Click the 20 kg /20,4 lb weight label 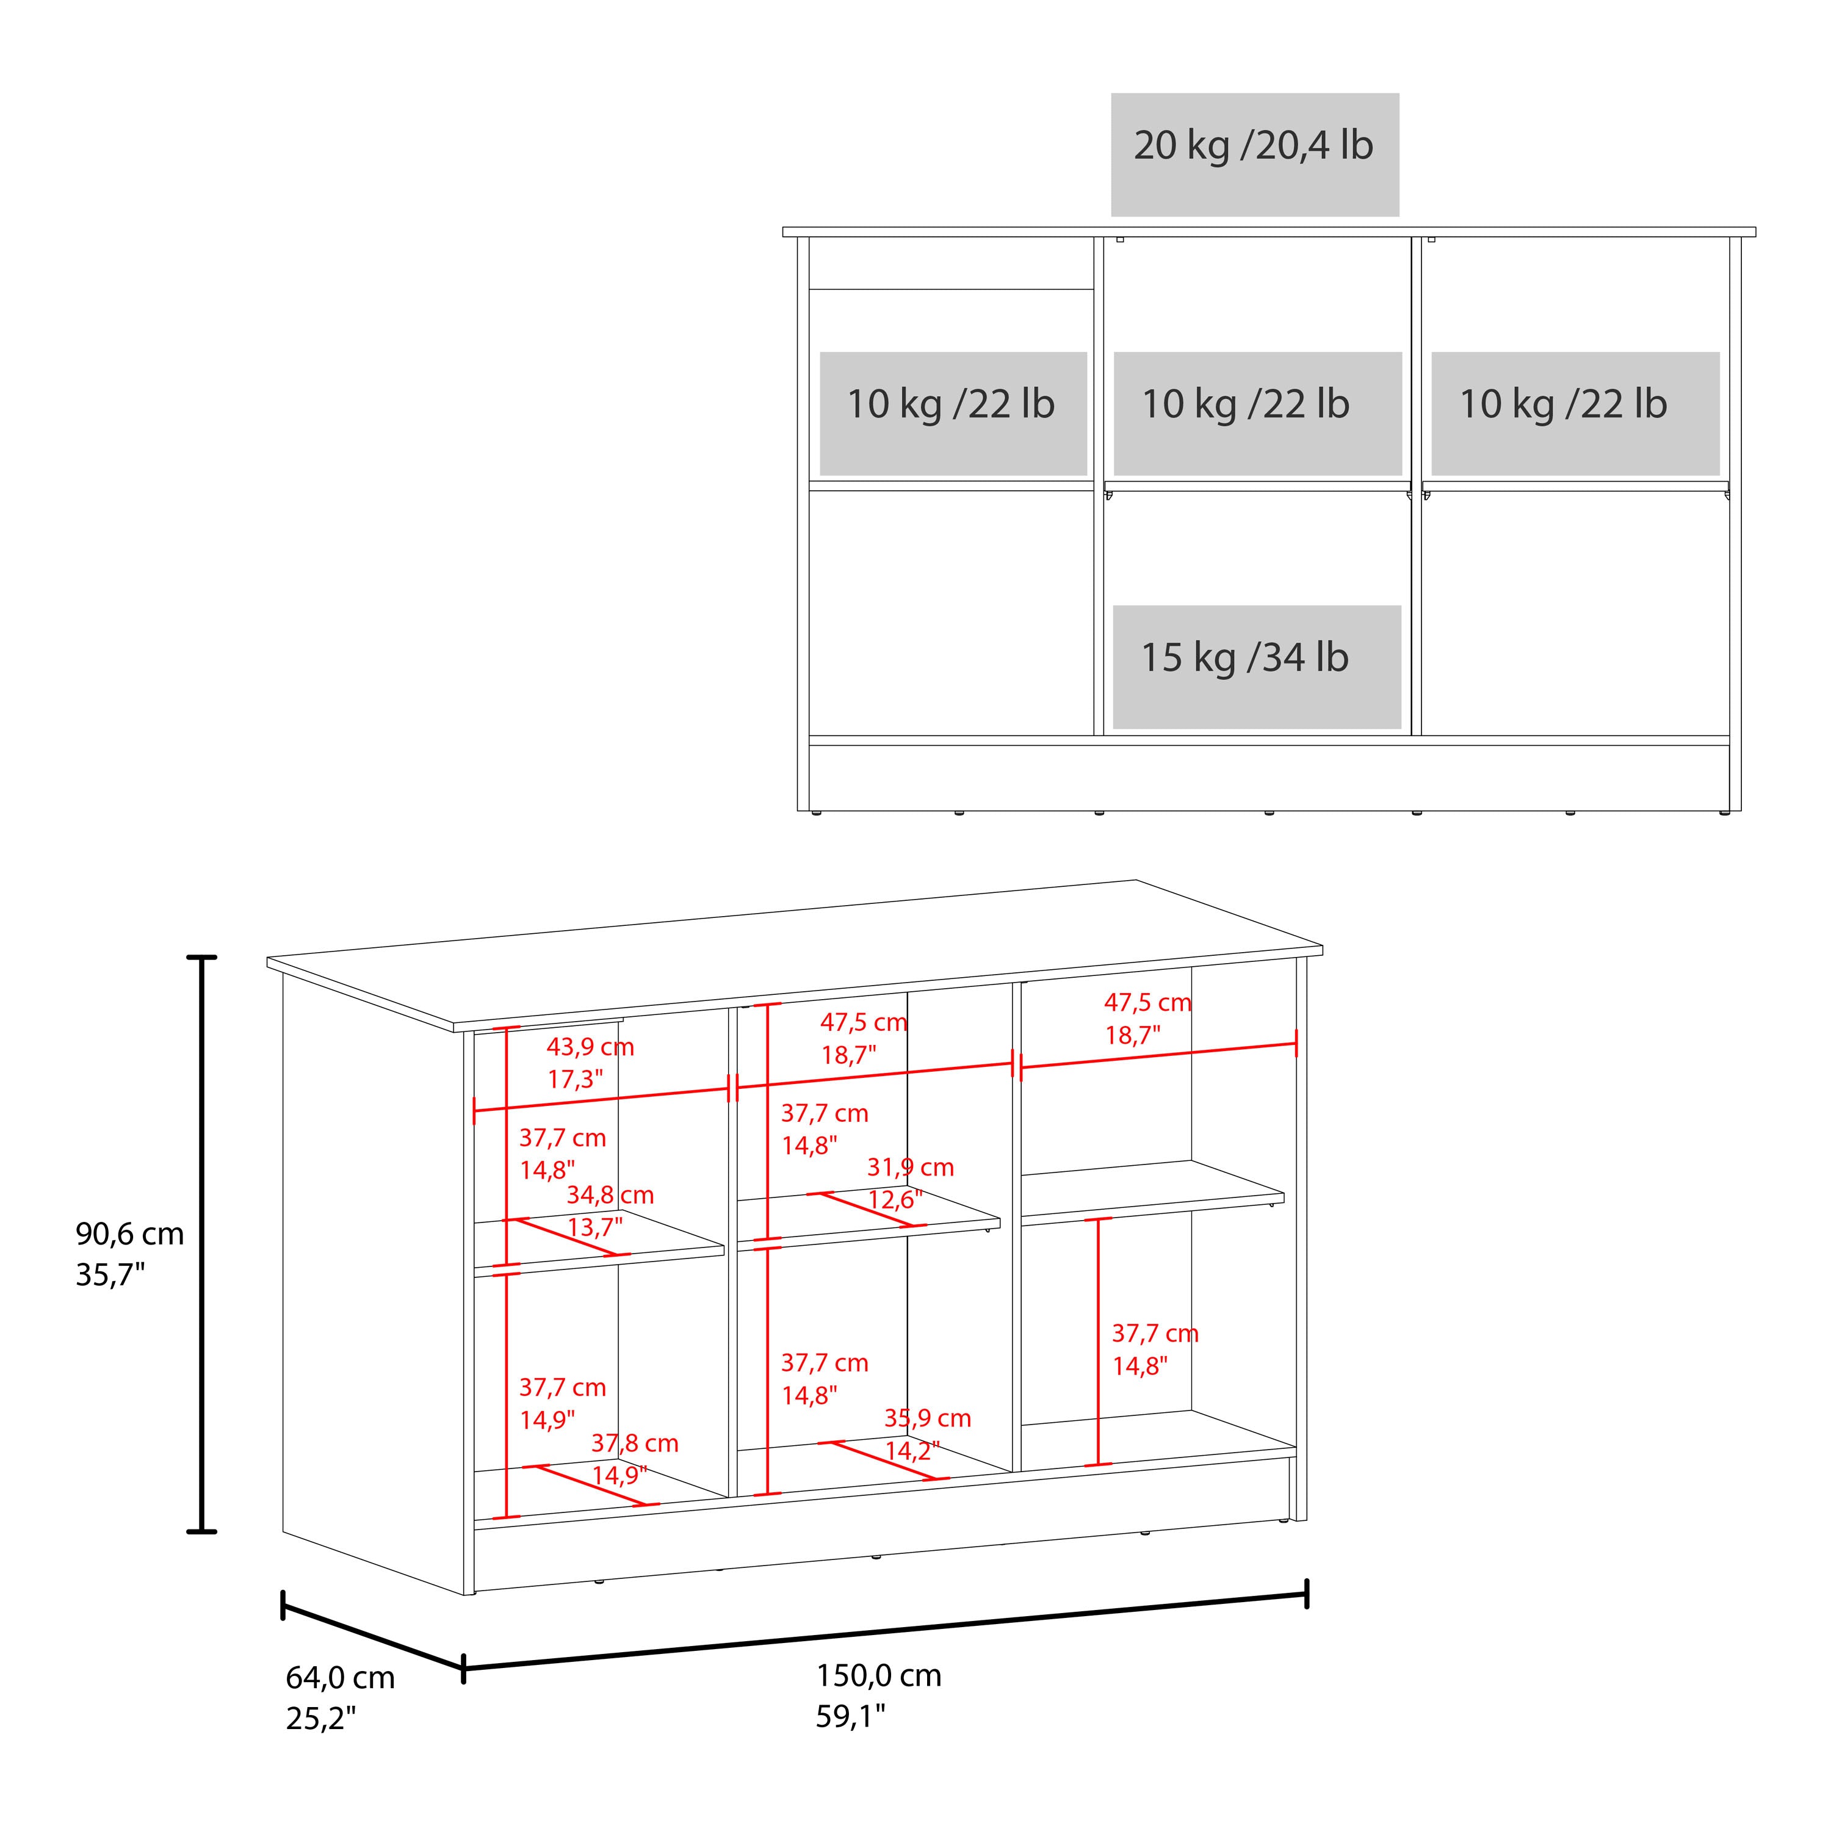pyautogui.click(x=1253, y=146)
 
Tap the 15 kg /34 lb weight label pyautogui.click(x=1244, y=658)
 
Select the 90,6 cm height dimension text pyautogui.click(x=130, y=1234)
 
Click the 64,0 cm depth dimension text pyautogui.click(x=340, y=1677)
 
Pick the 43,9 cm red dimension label pyautogui.click(x=590, y=1047)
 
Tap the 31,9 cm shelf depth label pyautogui.click(x=911, y=1168)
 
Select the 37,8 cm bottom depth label pyautogui.click(x=635, y=1443)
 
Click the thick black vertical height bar pyautogui.click(x=202, y=1243)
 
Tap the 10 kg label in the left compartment pyautogui.click(x=950, y=405)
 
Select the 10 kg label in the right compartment pyautogui.click(x=1563, y=405)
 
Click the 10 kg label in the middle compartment pyautogui.click(x=1245, y=405)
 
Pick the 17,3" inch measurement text pyautogui.click(x=576, y=1080)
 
